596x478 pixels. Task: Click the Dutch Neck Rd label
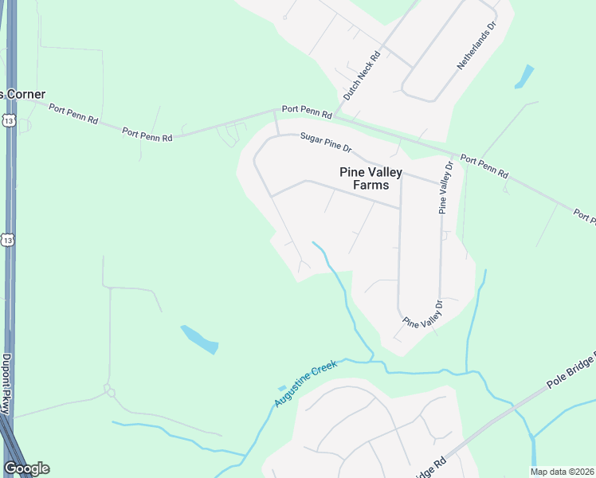(363, 76)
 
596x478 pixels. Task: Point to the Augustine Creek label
(306, 383)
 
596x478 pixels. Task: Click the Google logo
(26, 468)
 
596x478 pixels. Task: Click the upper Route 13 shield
(8, 120)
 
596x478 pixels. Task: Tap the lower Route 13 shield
(8, 240)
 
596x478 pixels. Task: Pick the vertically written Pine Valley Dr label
(445, 188)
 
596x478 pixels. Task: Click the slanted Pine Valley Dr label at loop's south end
(422, 314)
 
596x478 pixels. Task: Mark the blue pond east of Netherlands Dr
(523, 76)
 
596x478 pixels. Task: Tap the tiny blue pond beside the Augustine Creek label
(282, 388)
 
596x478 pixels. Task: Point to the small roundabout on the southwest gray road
(110, 392)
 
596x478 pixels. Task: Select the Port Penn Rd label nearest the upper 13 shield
(73, 115)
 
